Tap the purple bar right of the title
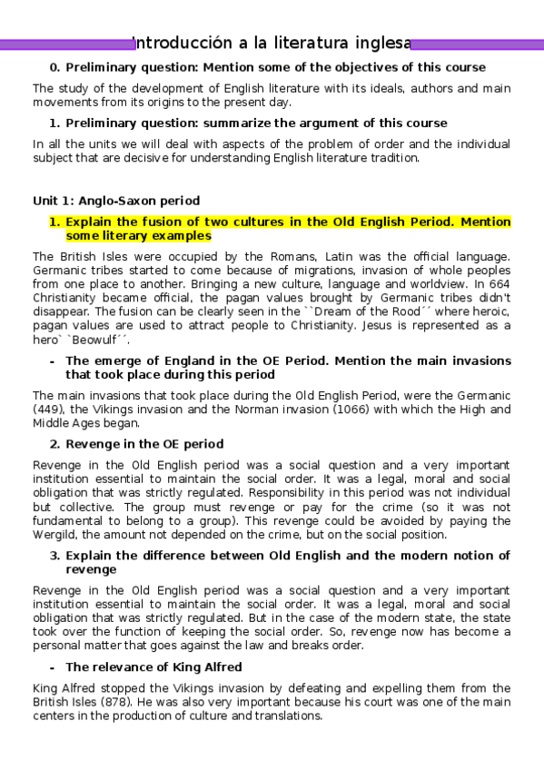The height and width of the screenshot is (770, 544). tap(476, 44)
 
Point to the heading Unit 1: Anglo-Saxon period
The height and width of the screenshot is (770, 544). tap(116, 201)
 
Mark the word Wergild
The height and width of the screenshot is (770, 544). tap(57, 535)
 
